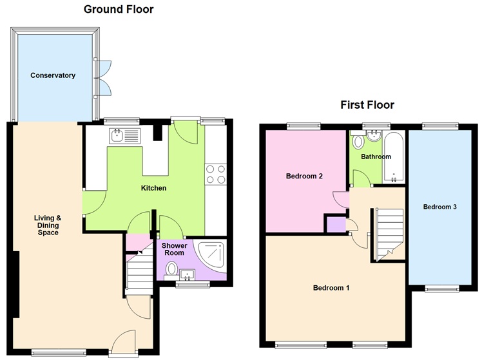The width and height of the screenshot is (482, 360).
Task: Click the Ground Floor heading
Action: tap(119, 9)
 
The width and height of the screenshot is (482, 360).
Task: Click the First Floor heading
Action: tap(367, 105)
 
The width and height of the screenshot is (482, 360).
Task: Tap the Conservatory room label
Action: tap(53, 75)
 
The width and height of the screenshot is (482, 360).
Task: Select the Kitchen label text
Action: tap(154, 188)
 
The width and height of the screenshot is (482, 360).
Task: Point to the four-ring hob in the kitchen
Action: tap(215, 175)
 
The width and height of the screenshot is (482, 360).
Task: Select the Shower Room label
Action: tap(174, 249)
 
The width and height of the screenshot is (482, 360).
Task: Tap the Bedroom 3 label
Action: tap(440, 207)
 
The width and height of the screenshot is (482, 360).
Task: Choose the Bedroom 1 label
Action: tap(331, 288)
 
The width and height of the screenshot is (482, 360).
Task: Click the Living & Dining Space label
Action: tap(48, 225)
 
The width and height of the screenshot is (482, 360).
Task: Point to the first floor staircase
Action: tap(389, 232)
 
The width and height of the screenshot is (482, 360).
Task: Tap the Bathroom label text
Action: tap(376, 156)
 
